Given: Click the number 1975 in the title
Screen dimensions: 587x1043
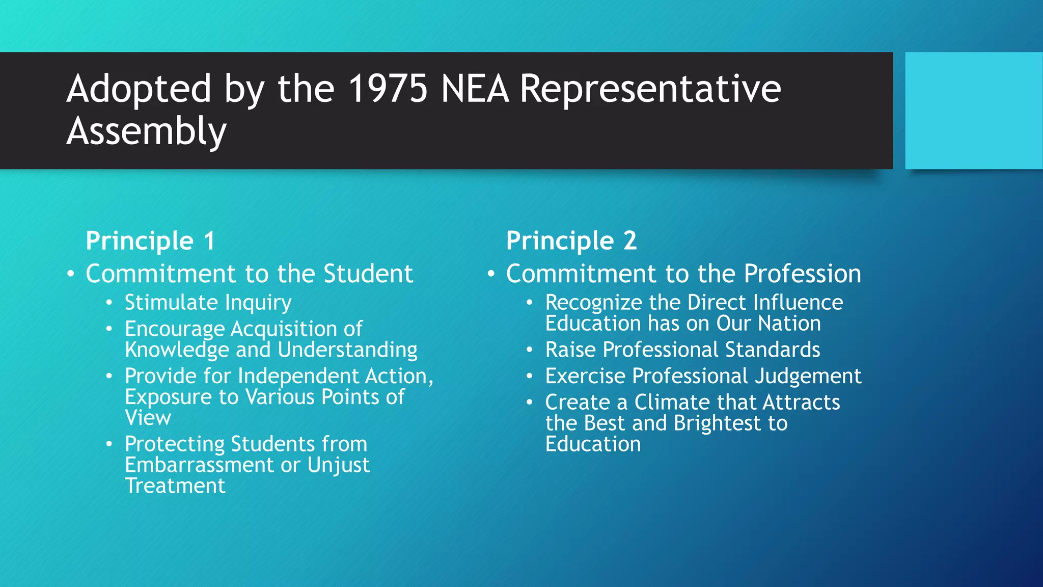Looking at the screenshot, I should [388, 89].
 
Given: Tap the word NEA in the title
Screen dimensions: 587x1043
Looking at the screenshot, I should [475, 89].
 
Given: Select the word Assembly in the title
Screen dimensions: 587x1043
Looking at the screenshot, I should [146, 131].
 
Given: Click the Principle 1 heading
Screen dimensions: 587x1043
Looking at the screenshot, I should [150, 241].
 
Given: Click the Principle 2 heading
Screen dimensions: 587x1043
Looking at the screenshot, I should [571, 241].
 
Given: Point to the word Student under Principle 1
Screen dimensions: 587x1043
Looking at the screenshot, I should [368, 274].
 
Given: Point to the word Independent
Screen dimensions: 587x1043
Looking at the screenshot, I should [298, 376].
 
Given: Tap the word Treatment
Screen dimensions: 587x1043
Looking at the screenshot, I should [175, 486].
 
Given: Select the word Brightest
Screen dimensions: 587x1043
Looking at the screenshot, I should [717, 423].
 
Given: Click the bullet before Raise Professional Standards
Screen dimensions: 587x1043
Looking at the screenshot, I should [530, 350].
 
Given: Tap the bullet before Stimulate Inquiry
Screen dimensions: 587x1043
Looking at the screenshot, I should [109, 303].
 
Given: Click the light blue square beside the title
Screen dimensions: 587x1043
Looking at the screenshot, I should [973, 111].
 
